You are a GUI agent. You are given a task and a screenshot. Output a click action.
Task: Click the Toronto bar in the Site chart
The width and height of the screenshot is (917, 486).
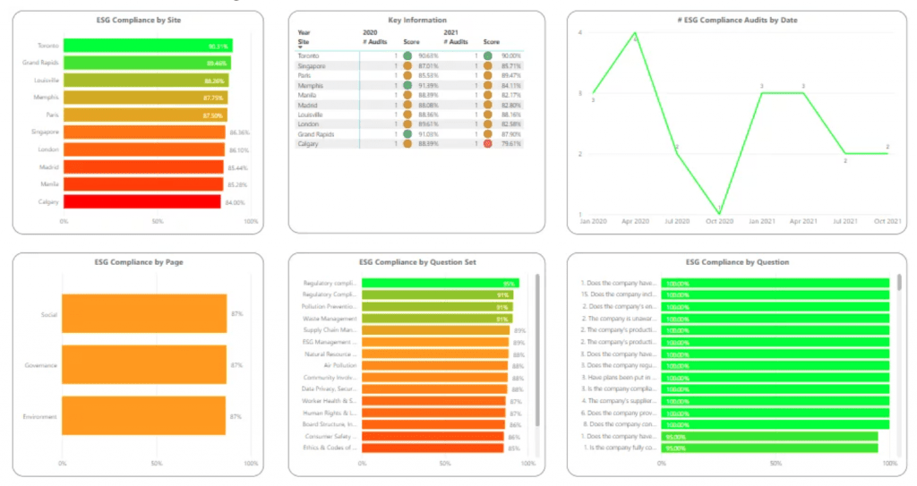(146, 46)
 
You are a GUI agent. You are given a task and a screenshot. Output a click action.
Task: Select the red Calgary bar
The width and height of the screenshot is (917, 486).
(141, 201)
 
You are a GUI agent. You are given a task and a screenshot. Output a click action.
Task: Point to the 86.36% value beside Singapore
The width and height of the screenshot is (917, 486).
(238, 132)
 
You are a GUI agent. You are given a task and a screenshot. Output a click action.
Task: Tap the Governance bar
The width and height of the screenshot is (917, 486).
(143, 365)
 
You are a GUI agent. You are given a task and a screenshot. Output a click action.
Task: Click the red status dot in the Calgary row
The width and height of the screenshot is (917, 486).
(487, 143)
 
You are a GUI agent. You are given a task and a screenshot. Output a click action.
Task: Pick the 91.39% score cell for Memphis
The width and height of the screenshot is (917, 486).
(428, 86)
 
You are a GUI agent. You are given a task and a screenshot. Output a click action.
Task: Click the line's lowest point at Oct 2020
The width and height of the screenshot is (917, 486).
(720, 214)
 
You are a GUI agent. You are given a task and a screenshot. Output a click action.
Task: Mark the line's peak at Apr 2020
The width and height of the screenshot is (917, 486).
(635, 33)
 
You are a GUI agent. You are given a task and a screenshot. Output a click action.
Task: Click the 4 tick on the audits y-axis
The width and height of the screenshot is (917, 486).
(580, 33)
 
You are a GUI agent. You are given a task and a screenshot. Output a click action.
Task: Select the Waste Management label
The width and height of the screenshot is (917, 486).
(330, 319)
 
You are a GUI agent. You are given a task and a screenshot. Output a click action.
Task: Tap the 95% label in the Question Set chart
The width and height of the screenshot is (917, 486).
(507, 284)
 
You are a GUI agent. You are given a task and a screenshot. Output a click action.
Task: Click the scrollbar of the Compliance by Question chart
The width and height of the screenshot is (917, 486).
(899, 282)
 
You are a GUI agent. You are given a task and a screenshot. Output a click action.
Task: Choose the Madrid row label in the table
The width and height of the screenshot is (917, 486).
(307, 105)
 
